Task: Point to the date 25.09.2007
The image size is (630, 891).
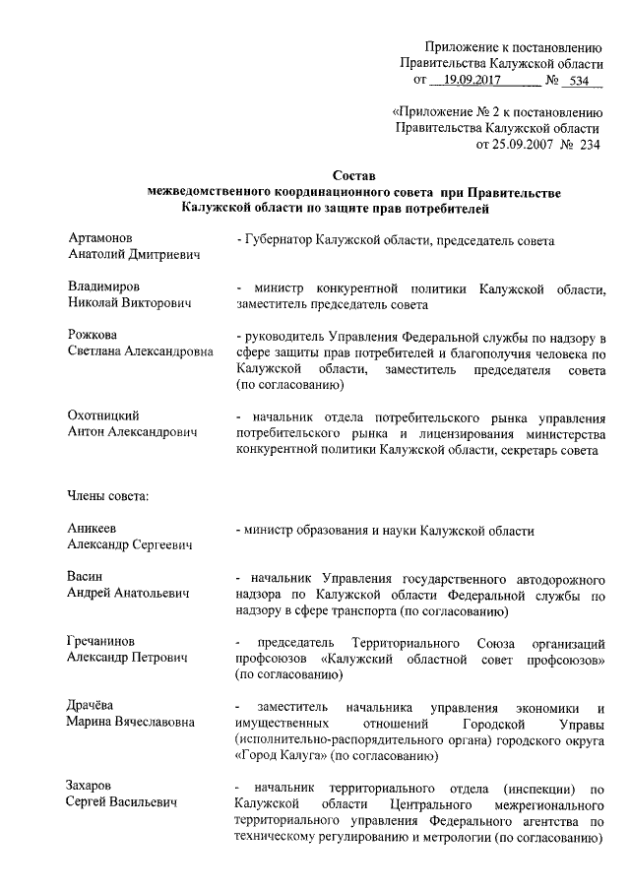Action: pyautogui.click(x=517, y=144)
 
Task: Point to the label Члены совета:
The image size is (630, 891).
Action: pyautogui.click(x=107, y=494)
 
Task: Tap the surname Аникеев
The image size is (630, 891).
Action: pyautogui.click(x=94, y=529)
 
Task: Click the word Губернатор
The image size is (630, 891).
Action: pyautogui.click(x=285, y=240)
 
